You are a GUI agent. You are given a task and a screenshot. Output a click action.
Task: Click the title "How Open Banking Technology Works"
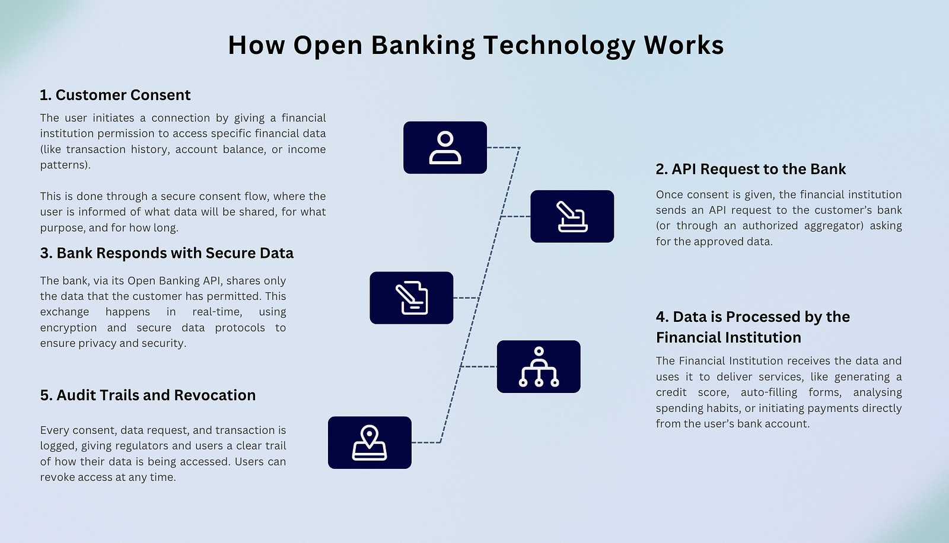pyautogui.click(x=476, y=46)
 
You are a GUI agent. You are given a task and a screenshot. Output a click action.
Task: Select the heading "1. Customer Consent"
pyautogui.click(x=115, y=95)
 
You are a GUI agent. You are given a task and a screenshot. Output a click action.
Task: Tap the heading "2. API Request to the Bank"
pyautogui.click(x=750, y=170)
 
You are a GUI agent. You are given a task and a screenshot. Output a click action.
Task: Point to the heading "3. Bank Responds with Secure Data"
pyautogui.click(x=167, y=254)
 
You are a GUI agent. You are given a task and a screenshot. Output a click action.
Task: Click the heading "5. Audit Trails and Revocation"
pyautogui.click(x=148, y=395)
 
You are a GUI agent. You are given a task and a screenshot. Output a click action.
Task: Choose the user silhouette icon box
pyautogui.click(x=445, y=148)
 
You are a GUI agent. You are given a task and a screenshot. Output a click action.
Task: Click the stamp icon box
pyautogui.click(x=572, y=216)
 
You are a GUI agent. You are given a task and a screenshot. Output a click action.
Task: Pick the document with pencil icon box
pyautogui.click(x=411, y=298)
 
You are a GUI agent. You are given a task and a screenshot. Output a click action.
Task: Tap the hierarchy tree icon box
pyautogui.click(x=538, y=366)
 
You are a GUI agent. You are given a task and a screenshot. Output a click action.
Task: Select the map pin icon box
pyautogui.click(x=370, y=442)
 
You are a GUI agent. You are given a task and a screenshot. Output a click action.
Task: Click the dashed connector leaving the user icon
pyautogui.click(x=503, y=148)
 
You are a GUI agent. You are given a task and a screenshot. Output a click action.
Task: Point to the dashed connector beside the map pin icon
pyautogui.click(x=426, y=442)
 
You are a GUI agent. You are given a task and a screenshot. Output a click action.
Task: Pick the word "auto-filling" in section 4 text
pyautogui.click(x=769, y=392)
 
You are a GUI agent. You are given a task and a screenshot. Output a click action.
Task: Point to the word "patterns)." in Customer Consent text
pyautogui.click(x=65, y=165)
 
